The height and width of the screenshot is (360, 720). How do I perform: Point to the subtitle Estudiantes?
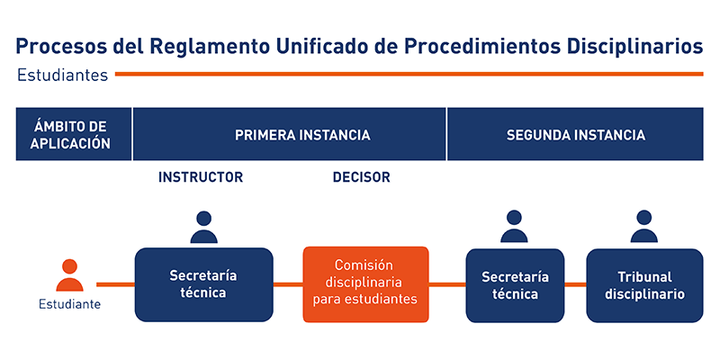point(62,75)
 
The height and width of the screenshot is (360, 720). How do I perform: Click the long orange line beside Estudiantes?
point(409,74)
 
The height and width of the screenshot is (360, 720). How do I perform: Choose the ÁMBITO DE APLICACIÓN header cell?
point(74,134)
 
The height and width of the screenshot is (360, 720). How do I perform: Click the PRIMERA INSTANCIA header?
point(289,134)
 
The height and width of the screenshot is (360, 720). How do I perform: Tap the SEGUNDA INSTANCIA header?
point(575,134)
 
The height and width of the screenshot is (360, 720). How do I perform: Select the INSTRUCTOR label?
point(201,177)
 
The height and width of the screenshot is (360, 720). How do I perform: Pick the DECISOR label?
point(362,177)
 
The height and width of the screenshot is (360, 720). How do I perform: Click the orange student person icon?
point(70,275)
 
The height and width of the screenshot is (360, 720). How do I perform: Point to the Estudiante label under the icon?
point(70,304)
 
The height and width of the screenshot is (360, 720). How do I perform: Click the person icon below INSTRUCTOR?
point(204,227)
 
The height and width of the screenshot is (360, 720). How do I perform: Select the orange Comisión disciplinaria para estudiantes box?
point(365,284)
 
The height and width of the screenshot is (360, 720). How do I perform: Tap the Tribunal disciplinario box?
point(644,285)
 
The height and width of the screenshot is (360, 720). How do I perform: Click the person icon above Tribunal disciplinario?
point(644,227)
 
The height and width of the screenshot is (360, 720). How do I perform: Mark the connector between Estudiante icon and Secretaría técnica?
point(115,284)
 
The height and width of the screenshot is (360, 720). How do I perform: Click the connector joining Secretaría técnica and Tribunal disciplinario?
point(575,284)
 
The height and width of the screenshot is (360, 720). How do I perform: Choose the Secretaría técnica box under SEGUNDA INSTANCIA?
point(515,285)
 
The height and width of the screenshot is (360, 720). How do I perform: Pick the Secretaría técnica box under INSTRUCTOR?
point(204,284)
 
